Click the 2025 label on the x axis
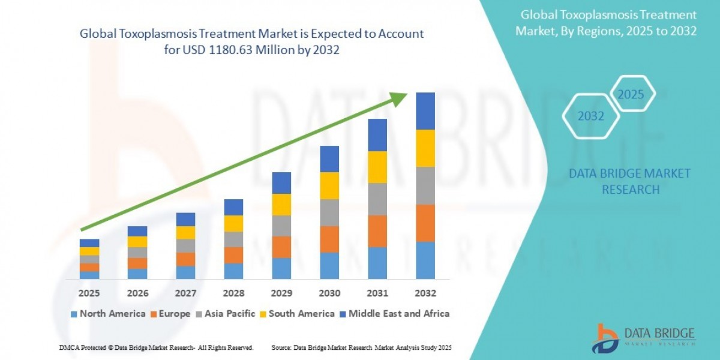point(89,293)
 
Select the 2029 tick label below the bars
point(281,293)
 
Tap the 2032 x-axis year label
point(425,293)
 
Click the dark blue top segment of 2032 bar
point(425,111)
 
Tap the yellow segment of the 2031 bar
point(377,167)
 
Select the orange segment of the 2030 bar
point(329,239)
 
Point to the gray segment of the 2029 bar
point(281,226)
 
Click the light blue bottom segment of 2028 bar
point(233,271)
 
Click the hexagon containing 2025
point(631,94)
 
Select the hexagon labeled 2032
point(591,116)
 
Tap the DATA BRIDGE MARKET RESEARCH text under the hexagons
point(629,181)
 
